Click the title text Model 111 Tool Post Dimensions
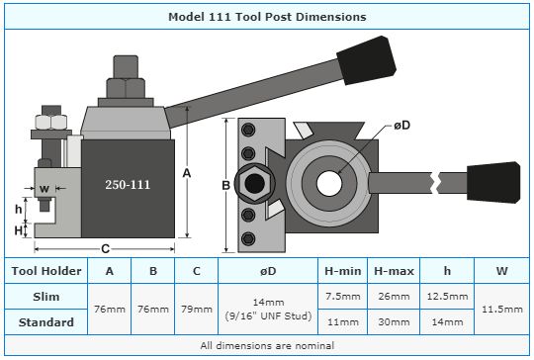click(267, 17)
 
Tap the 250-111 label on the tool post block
click(128, 185)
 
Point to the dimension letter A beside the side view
click(187, 173)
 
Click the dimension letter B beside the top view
click(225, 185)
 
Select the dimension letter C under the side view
click(105, 249)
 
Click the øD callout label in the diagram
click(402, 126)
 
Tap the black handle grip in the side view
click(367, 60)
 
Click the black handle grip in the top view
click(493, 183)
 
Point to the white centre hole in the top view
click(329, 183)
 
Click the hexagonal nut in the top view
click(254, 184)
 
